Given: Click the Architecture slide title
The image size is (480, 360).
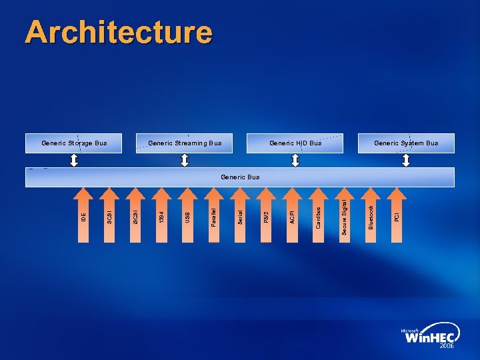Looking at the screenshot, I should [119, 33].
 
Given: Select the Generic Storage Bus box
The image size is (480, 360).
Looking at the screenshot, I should [74, 143].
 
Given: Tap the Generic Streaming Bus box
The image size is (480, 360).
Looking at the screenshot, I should [185, 143].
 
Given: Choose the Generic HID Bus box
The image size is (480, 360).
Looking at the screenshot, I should [295, 143].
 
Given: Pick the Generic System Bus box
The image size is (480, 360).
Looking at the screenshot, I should [406, 143].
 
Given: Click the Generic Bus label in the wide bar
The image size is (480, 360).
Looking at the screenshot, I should [240, 177].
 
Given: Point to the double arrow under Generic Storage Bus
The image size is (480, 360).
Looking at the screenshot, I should [74, 161].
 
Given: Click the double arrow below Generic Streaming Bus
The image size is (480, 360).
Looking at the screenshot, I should [185, 161].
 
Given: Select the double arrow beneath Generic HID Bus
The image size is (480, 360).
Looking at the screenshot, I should [295, 161].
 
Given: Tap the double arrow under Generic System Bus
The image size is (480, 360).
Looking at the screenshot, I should [406, 161].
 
